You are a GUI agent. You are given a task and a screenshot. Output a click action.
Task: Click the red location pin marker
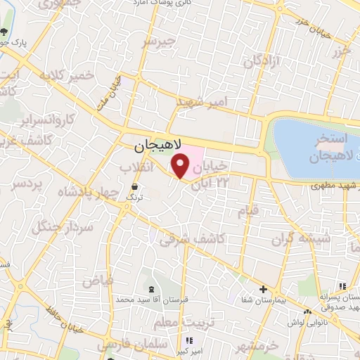181,167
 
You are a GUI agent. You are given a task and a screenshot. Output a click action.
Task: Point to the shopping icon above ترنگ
134,187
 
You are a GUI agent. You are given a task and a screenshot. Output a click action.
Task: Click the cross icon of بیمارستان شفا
263,289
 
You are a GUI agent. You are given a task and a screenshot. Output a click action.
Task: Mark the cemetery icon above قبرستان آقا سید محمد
151,289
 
